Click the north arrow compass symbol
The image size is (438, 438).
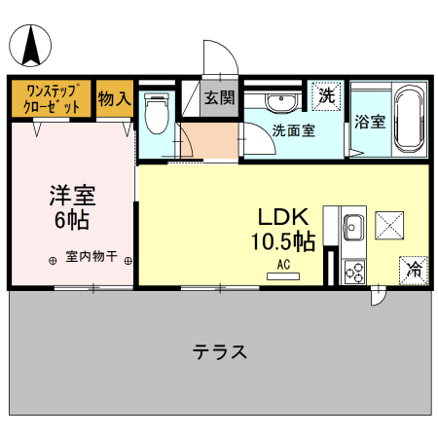pyautogui.click(x=30, y=46)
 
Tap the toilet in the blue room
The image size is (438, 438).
pyautogui.click(x=157, y=113)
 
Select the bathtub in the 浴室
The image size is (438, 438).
pyautogui.click(x=410, y=119)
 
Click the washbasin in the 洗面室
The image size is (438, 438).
pyautogui.click(x=281, y=101)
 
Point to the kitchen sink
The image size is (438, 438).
pyautogui.click(x=353, y=227)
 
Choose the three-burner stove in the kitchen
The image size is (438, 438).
pyautogui.click(x=354, y=272)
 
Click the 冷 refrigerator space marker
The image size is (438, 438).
pyautogui.click(x=414, y=271)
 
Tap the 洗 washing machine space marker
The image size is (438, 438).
pyautogui.click(x=326, y=96)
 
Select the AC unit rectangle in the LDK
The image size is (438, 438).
pyautogui.click(x=283, y=276)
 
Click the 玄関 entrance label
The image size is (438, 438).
pyautogui.click(x=220, y=97)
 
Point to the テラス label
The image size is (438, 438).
pyautogui.click(x=220, y=351)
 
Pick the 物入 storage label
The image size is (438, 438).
pyautogui.click(x=115, y=98)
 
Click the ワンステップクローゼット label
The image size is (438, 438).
pyautogui.click(x=52, y=98)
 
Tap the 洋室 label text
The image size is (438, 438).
pyautogui.click(x=72, y=196)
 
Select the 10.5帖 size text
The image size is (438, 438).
pyautogui.click(x=283, y=241)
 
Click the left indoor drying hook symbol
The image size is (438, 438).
pyautogui.click(x=53, y=261)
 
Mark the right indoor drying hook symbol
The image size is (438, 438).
pyautogui.click(x=128, y=261)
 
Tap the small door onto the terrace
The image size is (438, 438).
pyautogui.click(x=379, y=296)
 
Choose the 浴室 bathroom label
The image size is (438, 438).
pyautogui.click(x=370, y=122)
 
